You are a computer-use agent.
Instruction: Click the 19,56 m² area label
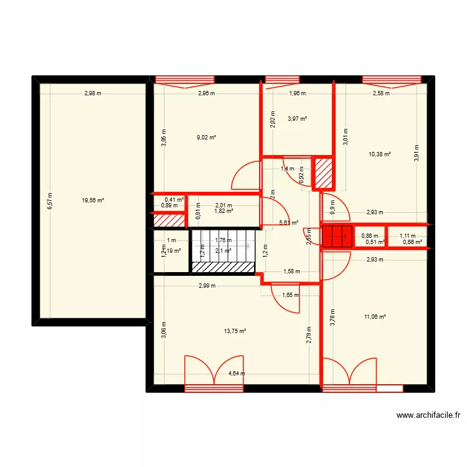(92, 200)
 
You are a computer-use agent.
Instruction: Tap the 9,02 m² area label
(207, 138)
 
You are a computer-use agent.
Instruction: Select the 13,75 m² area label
(235, 332)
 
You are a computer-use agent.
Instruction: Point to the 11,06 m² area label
(375, 317)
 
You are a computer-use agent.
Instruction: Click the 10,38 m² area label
(379, 154)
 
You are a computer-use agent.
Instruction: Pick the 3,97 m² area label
(297, 118)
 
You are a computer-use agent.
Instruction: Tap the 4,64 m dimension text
(237, 374)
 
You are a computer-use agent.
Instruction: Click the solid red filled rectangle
(337, 236)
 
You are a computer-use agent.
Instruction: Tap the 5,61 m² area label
(288, 222)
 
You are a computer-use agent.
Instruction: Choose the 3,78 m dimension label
(333, 318)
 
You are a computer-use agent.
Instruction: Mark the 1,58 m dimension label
(291, 271)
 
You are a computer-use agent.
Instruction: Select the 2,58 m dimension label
(381, 94)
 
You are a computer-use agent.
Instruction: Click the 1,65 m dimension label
(290, 295)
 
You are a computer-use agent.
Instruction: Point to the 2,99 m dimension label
(207, 286)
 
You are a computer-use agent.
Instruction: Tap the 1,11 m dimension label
(407, 236)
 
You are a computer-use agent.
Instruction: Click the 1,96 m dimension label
(297, 94)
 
